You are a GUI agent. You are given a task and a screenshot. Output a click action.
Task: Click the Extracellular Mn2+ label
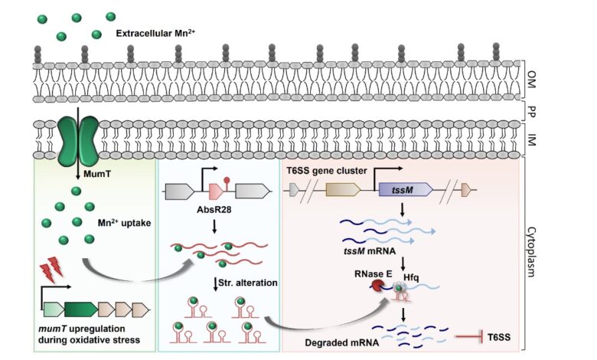[x=155, y=33]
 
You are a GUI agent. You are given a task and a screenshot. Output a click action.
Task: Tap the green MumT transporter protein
[x=77, y=141]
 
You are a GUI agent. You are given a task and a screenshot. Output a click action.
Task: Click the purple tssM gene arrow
[x=406, y=189]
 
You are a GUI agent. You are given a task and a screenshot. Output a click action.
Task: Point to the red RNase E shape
[x=377, y=286]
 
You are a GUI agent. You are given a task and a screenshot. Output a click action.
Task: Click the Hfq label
[x=411, y=277]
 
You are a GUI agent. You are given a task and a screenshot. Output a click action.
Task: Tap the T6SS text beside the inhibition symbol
[x=499, y=337]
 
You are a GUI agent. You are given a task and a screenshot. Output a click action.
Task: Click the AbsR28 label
[x=214, y=210]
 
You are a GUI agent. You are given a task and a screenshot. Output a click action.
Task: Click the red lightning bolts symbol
[x=52, y=269]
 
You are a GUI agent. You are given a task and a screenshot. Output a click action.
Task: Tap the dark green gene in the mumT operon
[x=80, y=309]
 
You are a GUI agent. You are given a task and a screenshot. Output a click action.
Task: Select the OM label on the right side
[x=531, y=79]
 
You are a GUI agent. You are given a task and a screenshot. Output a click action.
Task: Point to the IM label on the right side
[x=531, y=140]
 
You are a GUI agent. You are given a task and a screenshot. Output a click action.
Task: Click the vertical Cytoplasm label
[x=531, y=252]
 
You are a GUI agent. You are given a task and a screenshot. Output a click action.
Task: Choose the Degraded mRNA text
[x=341, y=342]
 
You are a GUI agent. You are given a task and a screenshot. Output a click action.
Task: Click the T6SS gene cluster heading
[x=327, y=170]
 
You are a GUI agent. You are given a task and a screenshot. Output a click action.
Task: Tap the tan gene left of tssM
[x=343, y=189]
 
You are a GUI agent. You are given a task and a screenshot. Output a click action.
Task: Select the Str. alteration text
[x=248, y=283]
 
